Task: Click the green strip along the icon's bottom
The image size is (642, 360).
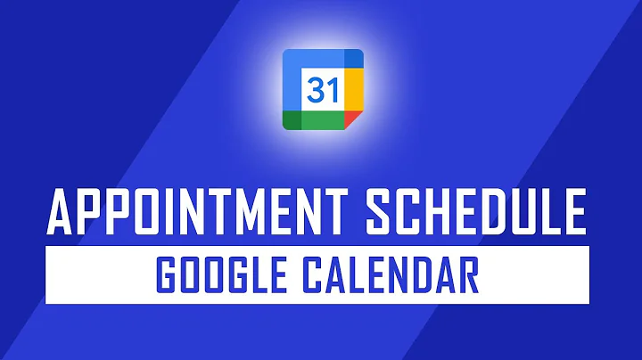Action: click(x=322, y=121)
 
